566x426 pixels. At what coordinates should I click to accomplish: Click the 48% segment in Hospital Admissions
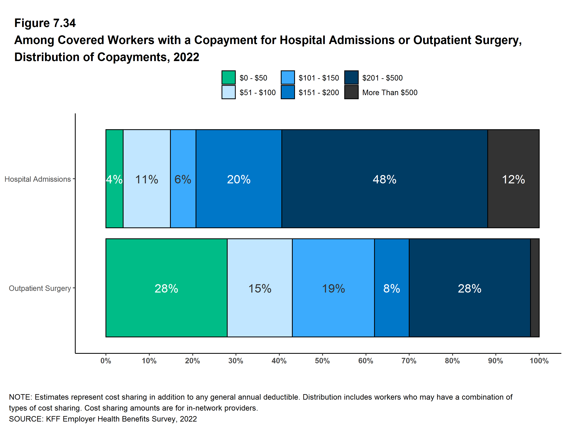pos(385,179)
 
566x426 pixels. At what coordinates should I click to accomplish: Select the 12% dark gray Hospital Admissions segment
pos(513,179)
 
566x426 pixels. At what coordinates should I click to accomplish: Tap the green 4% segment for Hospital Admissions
pos(114,179)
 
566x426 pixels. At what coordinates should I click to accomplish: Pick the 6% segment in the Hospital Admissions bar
pos(183,179)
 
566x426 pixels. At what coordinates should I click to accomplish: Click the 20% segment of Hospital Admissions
pos(239,179)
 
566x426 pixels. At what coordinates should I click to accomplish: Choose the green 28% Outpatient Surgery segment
pos(166,288)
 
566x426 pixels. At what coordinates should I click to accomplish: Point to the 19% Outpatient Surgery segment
pos(333,288)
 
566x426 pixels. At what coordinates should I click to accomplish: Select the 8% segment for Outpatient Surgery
pos(392,288)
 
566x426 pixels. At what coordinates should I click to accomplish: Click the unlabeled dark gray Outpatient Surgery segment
pos(535,288)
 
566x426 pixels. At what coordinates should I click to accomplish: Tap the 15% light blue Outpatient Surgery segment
pos(260,288)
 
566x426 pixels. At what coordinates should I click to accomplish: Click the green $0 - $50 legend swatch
pos(228,77)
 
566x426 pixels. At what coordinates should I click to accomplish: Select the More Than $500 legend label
pos(390,92)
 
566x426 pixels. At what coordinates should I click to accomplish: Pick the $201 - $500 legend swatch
pos(351,77)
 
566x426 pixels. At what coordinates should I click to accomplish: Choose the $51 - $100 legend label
pos(258,92)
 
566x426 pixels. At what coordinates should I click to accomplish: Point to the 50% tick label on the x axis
pos(322,361)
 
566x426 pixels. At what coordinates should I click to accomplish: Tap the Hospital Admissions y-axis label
pos(38,179)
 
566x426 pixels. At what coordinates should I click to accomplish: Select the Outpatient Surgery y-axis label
pos(40,288)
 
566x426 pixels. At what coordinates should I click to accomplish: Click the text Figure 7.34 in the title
pos(45,23)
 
